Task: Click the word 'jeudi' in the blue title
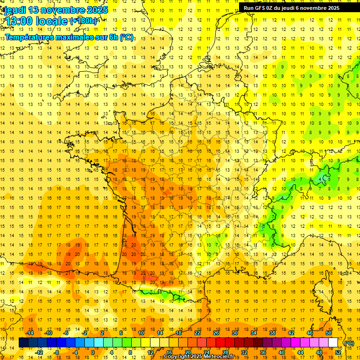tap(15, 10)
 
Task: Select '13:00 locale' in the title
tap(35, 21)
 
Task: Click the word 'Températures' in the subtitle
tap(30, 37)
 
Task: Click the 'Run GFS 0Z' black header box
tap(295, 8)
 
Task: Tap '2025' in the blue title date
tap(94, 10)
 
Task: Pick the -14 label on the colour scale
tap(30, 333)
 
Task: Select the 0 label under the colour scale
tap(92, 352)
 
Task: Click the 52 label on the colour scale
tap(338, 352)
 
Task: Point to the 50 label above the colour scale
tap(329, 333)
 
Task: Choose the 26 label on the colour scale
tap(216, 333)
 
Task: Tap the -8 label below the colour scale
tap(57, 352)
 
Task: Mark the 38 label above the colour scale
tap(272, 333)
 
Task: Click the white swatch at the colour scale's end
tap(333, 343)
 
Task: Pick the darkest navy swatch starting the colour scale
tap(24, 343)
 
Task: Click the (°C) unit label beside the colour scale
tap(349, 343)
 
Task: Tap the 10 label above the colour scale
tap(141, 333)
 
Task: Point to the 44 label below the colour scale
tap(300, 352)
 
